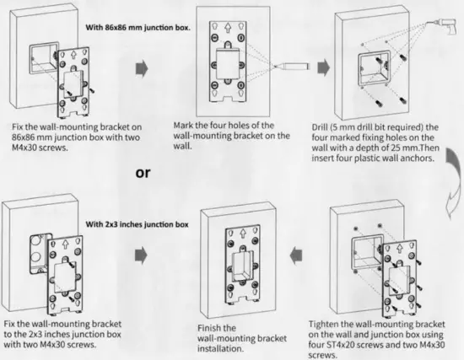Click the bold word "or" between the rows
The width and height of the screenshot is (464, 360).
pos(143,174)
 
